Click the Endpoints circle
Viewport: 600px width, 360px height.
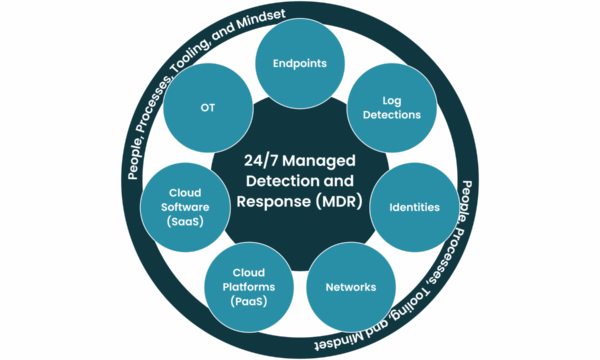(x=299, y=62)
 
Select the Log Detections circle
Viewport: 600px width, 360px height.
(x=391, y=107)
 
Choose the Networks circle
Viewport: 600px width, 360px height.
(x=350, y=288)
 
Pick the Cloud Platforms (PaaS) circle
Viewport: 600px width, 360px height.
(x=248, y=288)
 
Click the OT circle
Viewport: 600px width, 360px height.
(x=208, y=107)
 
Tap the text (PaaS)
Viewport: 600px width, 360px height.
(x=248, y=301)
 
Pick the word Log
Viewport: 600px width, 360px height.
(x=391, y=100)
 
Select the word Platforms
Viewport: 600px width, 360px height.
(x=248, y=288)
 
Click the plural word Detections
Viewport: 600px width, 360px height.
(x=391, y=114)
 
